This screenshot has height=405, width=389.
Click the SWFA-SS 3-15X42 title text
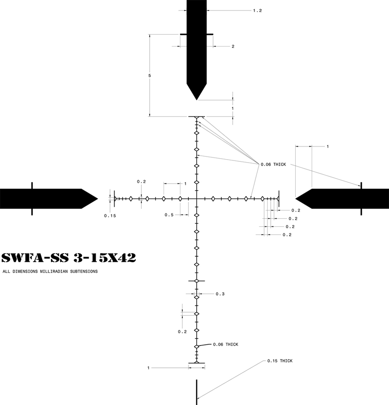tap(69, 258)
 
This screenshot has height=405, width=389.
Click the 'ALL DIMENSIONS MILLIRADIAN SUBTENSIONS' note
tap(50, 272)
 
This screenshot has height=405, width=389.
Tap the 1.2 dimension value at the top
tap(258, 10)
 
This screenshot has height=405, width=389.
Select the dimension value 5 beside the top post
tap(150, 75)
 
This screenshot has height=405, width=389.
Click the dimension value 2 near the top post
tap(233, 46)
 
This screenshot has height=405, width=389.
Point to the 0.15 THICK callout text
tap(280, 361)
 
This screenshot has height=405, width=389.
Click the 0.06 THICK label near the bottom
tap(225, 344)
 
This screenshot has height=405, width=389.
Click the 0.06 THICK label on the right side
tap(273, 164)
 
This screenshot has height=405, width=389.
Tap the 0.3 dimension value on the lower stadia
tap(220, 294)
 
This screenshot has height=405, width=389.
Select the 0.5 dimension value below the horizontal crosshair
tap(169, 214)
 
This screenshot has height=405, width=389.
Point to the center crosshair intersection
tap(197, 198)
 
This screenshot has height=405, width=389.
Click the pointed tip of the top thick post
tap(197, 99)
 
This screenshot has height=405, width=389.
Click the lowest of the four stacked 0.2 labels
tap(287, 235)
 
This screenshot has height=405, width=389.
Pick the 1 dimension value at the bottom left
tap(148, 368)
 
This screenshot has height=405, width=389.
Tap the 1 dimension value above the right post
tap(328, 147)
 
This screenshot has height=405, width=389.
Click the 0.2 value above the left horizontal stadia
tap(141, 182)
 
